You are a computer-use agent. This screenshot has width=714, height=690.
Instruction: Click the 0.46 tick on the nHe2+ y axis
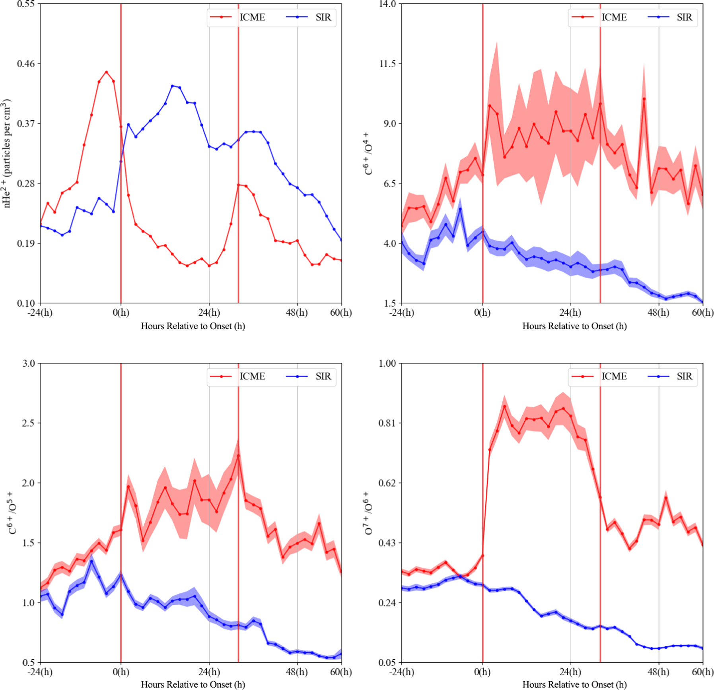(x=26, y=64)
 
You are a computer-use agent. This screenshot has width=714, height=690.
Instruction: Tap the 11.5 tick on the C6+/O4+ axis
(x=387, y=64)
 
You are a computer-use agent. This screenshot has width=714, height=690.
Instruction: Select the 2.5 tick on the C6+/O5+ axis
(x=28, y=423)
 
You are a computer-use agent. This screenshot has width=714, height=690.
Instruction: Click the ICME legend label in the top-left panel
(x=252, y=17)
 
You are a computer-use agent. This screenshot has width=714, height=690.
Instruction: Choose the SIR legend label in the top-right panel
(x=684, y=17)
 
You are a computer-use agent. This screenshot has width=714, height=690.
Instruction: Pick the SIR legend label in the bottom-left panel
(x=323, y=376)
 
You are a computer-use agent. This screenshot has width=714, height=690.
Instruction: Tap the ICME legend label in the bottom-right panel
(x=614, y=376)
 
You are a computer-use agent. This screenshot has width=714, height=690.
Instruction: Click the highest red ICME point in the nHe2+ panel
(x=106, y=72)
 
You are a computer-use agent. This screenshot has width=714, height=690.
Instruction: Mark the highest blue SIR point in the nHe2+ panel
(x=172, y=86)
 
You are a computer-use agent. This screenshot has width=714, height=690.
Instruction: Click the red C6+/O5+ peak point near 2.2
(x=238, y=455)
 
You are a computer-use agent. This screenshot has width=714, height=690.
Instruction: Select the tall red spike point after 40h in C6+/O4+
(x=644, y=99)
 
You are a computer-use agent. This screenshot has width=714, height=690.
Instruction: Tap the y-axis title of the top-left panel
(x=7, y=153)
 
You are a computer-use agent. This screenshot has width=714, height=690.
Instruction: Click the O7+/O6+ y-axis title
(x=368, y=513)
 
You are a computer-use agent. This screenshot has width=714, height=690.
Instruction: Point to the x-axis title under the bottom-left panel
(x=193, y=684)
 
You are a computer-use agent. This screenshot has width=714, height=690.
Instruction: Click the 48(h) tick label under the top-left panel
(x=297, y=313)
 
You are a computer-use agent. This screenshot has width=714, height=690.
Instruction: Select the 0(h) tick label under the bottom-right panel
(x=482, y=672)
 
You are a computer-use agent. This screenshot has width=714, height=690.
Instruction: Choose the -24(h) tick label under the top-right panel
(x=402, y=313)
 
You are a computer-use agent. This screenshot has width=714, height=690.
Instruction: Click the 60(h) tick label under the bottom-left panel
(x=340, y=672)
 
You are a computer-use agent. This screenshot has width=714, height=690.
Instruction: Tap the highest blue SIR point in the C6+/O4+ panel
(x=460, y=209)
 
